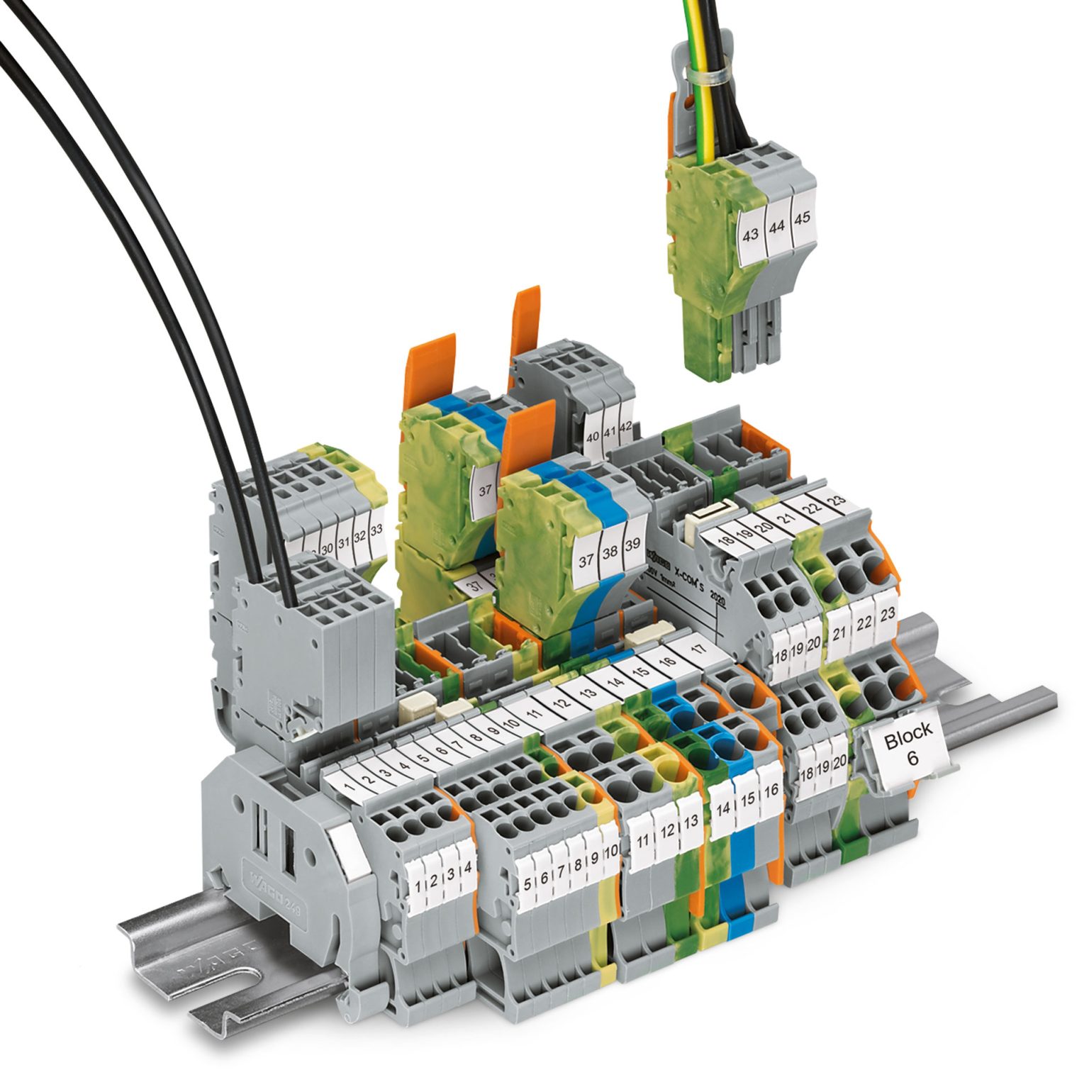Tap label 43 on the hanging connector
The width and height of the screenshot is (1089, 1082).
click(x=749, y=235)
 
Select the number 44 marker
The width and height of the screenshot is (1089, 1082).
click(x=777, y=227)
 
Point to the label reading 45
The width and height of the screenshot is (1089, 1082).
click(x=801, y=218)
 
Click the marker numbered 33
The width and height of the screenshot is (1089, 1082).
click(x=376, y=529)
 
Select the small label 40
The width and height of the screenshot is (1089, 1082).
click(x=593, y=437)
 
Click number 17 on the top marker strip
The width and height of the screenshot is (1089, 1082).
click(x=698, y=648)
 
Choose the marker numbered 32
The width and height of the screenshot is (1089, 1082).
click(x=359, y=537)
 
